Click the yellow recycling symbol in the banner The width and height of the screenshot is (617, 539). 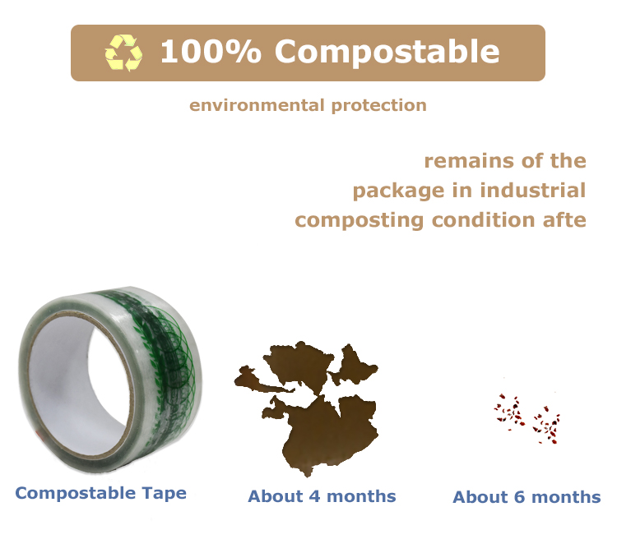click(123, 53)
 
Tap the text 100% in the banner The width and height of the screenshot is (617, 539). click(211, 52)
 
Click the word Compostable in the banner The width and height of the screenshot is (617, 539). click(387, 52)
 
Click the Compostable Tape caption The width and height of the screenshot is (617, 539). click(100, 493)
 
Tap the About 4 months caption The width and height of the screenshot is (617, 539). click(322, 496)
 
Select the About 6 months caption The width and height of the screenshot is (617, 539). click(527, 497)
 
